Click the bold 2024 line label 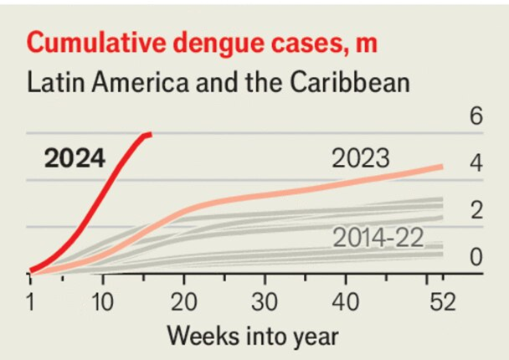coord(75,158)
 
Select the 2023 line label coord(361,158)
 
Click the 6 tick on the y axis coord(476,117)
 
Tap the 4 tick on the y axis coord(476,164)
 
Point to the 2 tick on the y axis coord(476,211)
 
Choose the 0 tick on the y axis coord(476,258)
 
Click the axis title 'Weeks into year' coord(252,337)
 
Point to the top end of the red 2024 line coord(151,134)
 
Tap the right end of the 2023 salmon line coord(442,167)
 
